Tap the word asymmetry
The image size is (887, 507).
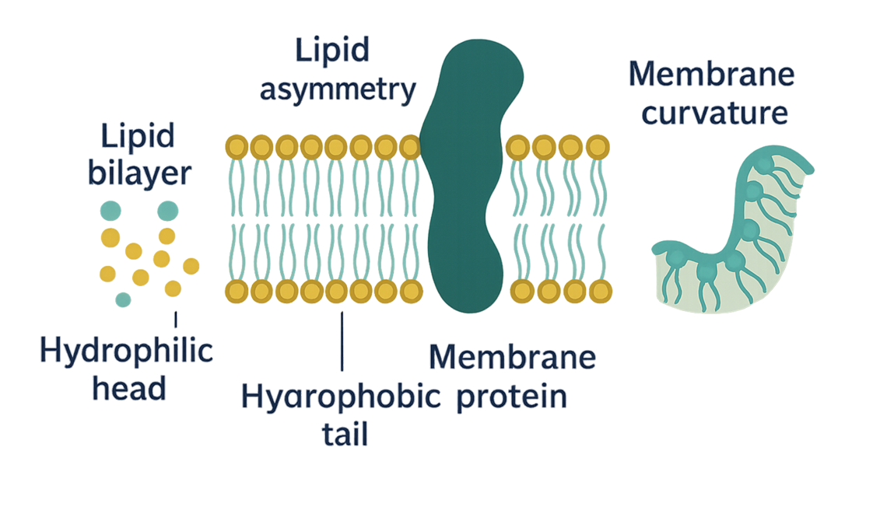(x=338, y=89)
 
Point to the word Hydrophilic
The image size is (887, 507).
(x=127, y=351)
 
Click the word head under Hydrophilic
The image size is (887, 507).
(x=129, y=386)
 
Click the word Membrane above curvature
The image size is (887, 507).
(x=711, y=75)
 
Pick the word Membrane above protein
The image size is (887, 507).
(x=513, y=358)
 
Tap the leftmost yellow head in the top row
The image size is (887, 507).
(x=237, y=146)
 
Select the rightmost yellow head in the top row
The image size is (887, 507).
(x=596, y=146)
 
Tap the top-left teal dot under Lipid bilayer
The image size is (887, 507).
(x=110, y=211)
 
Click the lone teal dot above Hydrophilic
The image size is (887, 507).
(x=123, y=299)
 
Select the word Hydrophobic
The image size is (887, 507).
(x=340, y=397)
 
